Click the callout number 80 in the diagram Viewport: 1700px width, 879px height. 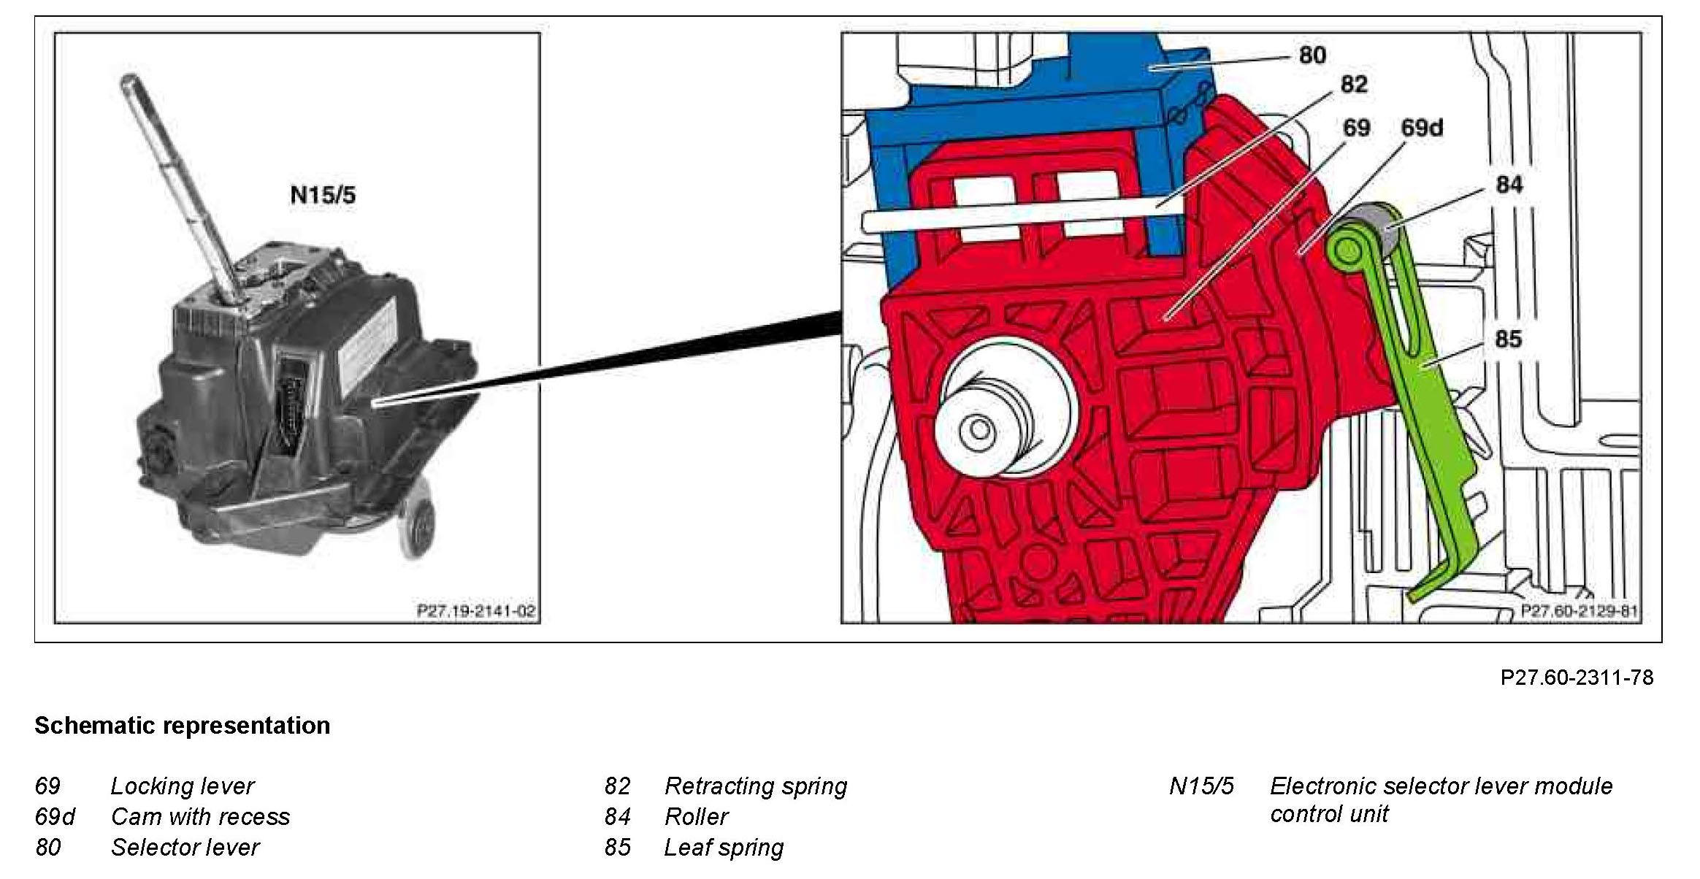pos(1312,55)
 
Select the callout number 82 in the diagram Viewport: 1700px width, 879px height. pos(1353,85)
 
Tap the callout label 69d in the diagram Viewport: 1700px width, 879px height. pos(1421,128)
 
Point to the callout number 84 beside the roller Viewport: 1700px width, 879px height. pos(1509,185)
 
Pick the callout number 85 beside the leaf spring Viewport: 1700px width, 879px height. pos(1508,339)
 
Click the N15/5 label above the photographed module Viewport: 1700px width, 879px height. pos(323,195)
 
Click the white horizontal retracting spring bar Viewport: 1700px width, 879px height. pos(1022,219)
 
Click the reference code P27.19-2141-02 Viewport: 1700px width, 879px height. pos(476,610)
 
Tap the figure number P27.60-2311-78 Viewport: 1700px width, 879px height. pos(1577,678)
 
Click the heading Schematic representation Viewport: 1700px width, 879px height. pos(183,726)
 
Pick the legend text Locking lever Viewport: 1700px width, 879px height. pos(182,786)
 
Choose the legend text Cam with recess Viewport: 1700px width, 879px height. pos(200,817)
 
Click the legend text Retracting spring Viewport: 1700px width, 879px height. pos(756,786)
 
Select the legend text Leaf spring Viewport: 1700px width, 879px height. pos(724,848)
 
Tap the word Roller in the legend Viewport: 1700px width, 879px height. pos(696,817)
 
